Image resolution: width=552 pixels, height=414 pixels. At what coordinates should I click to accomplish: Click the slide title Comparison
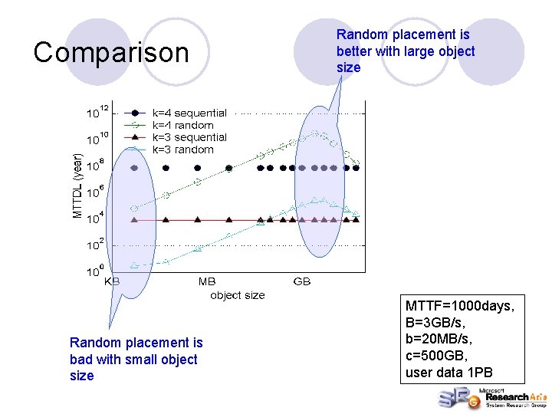[x=111, y=53]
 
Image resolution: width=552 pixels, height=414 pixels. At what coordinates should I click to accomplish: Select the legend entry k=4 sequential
[x=189, y=113]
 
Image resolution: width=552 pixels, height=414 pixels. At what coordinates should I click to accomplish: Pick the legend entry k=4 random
[x=183, y=125]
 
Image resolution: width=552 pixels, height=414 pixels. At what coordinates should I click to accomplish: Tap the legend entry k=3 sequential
[x=189, y=137]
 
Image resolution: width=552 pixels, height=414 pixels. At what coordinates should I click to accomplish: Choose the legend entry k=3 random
[x=183, y=149]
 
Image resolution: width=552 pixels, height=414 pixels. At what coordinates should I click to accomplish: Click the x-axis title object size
[x=238, y=294]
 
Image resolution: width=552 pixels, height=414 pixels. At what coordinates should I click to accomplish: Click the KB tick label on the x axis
[x=112, y=281]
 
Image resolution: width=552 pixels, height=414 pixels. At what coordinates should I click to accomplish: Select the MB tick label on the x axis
[x=207, y=281]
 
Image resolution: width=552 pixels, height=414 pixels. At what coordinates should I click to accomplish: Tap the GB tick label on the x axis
[x=302, y=281]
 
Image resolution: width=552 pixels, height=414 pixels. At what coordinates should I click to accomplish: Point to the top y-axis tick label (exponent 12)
[x=97, y=113]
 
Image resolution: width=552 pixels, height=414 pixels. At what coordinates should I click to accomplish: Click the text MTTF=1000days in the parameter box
[x=459, y=307]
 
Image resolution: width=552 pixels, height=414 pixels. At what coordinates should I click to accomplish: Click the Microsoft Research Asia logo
[x=491, y=397]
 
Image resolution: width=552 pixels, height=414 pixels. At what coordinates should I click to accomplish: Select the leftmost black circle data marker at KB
[x=135, y=167]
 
